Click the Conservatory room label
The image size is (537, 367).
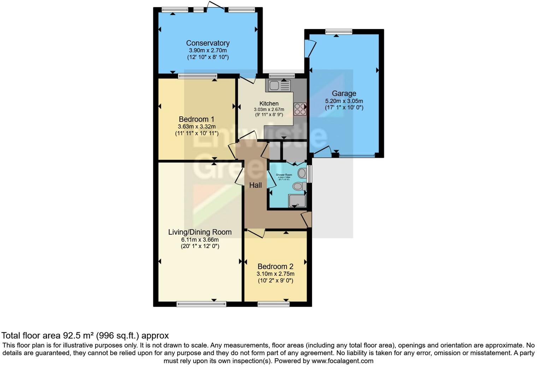pyautogui.click(x=208, y=43)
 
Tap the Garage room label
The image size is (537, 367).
pyautogui.click(x=344, y=94)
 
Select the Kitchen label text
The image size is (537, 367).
pyautogui.click(x=269, y=103)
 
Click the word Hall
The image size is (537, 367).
pyautogui.click(x=255, y=185)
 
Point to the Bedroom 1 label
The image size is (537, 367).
pyautogui.click(x=196, y=119)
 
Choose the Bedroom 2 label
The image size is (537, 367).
pyautogui.click(x=275, y=266)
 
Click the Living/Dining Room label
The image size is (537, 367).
pyautogui.click(x=200, y=232)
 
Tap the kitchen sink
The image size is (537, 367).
pyautogui.click(x=279, y=85)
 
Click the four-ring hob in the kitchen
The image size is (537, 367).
pyautogui.click(x=300, y=109)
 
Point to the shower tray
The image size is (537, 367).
pyautogui.click(x=297, y=200)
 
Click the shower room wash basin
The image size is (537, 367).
pyautogui.click(x=302, y=173)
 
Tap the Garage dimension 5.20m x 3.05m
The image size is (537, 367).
pyautogui.click(x=344, y=101)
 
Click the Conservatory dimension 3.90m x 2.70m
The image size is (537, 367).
pyautogui.click(x=208, y=50)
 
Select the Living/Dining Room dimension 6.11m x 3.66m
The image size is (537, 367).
pyautogui.click(x=200, y=240)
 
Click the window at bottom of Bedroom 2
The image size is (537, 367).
pyautogui.click(x=273, y=304)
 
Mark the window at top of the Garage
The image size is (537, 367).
pyautogui.click(x=338, y=32)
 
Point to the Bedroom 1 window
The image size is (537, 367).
pyautogui.click(x=197, y=76)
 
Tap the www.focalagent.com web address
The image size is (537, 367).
pyautogui.click(x=342, y=361)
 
